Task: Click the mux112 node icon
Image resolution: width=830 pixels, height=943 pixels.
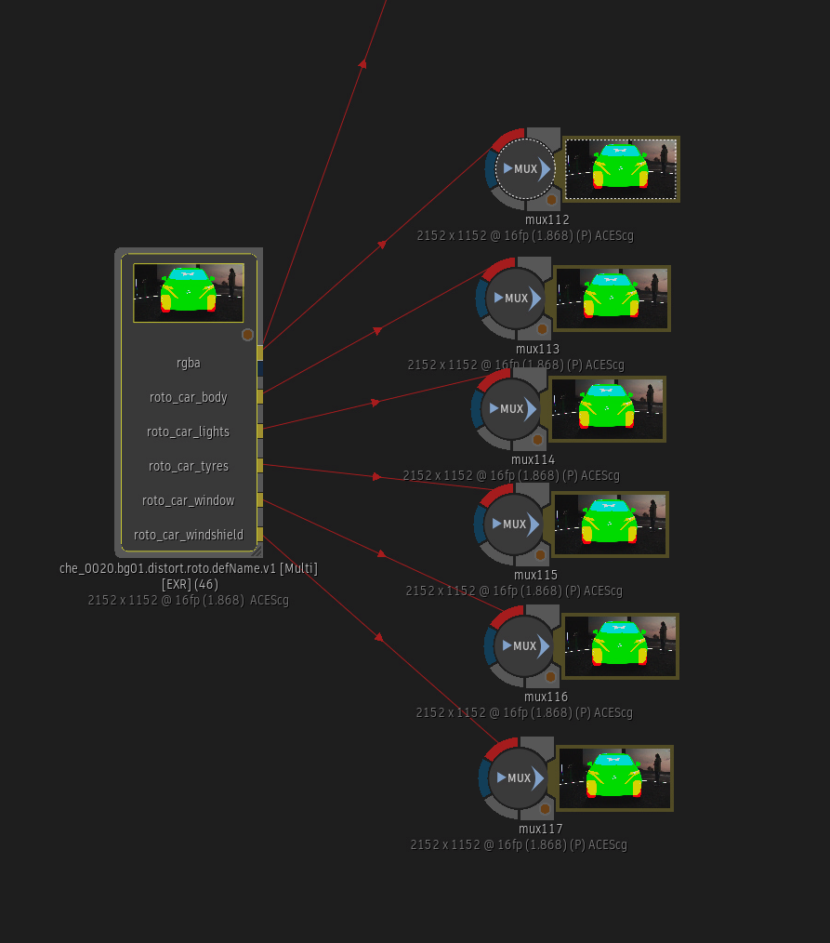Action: [x=525, y=169]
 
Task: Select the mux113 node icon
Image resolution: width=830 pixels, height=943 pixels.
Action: [x=516, y=299]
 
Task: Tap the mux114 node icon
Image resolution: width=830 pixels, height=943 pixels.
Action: [x=511, y=409]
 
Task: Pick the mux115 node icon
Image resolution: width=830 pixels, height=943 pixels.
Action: [x=514, y=525]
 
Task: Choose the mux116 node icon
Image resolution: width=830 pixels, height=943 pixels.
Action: [x=524, y=646]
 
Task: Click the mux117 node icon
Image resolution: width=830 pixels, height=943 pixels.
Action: [x=519, y=778]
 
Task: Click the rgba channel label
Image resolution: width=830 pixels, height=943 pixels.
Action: [x=189, y=363]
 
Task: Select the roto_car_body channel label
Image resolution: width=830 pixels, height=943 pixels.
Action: [x=189, y=397]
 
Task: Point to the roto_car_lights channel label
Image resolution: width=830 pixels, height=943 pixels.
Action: [x=189, y=432]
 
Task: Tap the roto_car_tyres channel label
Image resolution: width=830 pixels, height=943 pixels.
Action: [x=189, y=466]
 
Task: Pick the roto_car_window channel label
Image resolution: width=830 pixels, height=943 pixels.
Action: [x=189, y=500]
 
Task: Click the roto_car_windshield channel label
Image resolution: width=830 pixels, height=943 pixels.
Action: [x=189, y=535]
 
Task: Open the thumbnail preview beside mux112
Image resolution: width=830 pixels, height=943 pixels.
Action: [x=621, y=169]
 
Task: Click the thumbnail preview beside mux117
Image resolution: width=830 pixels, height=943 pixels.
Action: [x=614, y=777]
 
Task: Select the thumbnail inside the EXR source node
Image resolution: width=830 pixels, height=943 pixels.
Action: [x=189, y=292]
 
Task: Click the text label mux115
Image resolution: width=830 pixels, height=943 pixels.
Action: [x=535, y=576]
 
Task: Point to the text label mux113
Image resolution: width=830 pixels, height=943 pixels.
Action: [x=537, y=350]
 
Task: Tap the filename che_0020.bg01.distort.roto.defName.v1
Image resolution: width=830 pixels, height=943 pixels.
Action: [x=189, y=567]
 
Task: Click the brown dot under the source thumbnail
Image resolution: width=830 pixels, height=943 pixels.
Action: [x=247, y=335]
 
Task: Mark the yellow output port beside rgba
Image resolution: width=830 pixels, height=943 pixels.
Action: [x=260, y=353]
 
